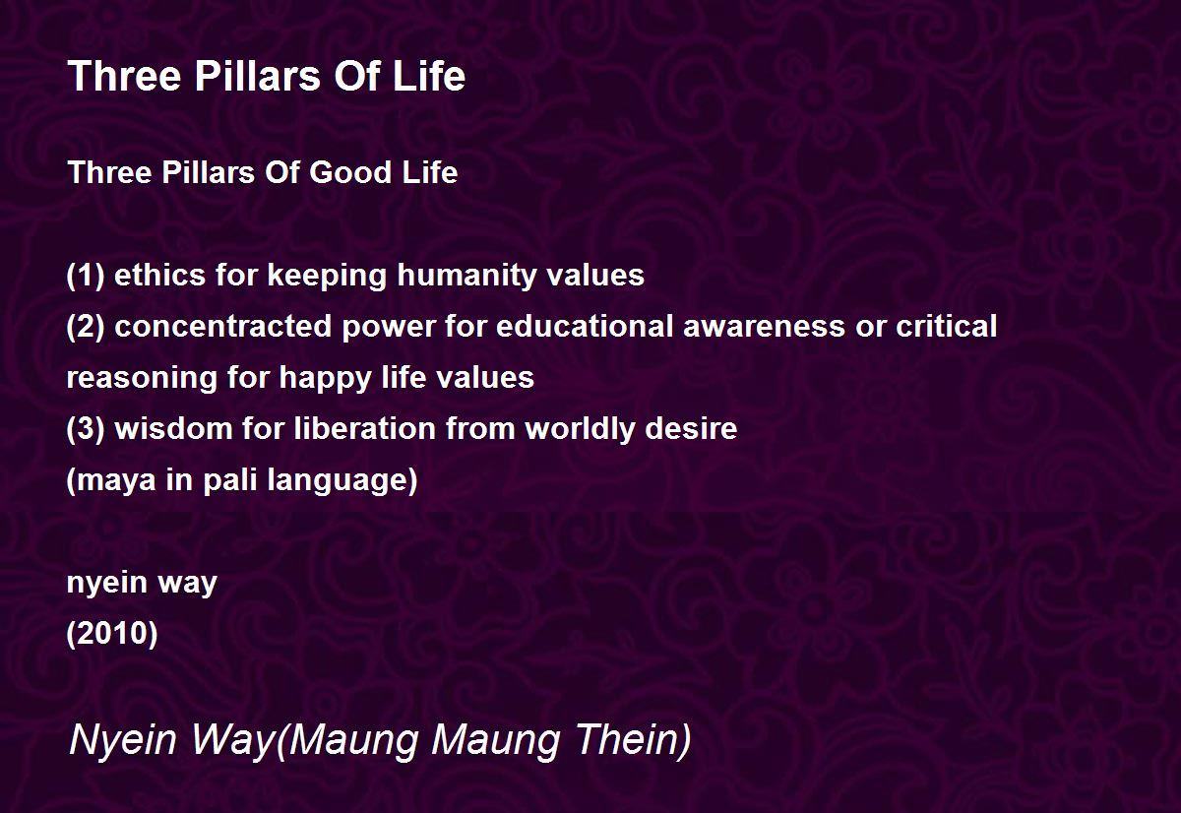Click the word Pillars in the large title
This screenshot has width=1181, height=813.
coord(258,76)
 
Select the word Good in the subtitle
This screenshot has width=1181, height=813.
coord(349,172)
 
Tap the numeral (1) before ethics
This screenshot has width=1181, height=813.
coord(86,276)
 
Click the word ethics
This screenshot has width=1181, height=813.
coord(159,276)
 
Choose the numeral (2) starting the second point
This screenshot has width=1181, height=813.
coord(86,327)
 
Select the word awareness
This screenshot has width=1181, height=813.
coord(764,327)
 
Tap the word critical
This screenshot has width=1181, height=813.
coord(947,326)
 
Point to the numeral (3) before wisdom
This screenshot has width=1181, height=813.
coord(86,429)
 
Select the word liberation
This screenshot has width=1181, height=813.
coord(365,428)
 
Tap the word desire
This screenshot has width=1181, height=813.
coord(691,428)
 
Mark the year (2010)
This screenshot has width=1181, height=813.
coord(112,634)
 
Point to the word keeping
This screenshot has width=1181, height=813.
coord(327,277)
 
